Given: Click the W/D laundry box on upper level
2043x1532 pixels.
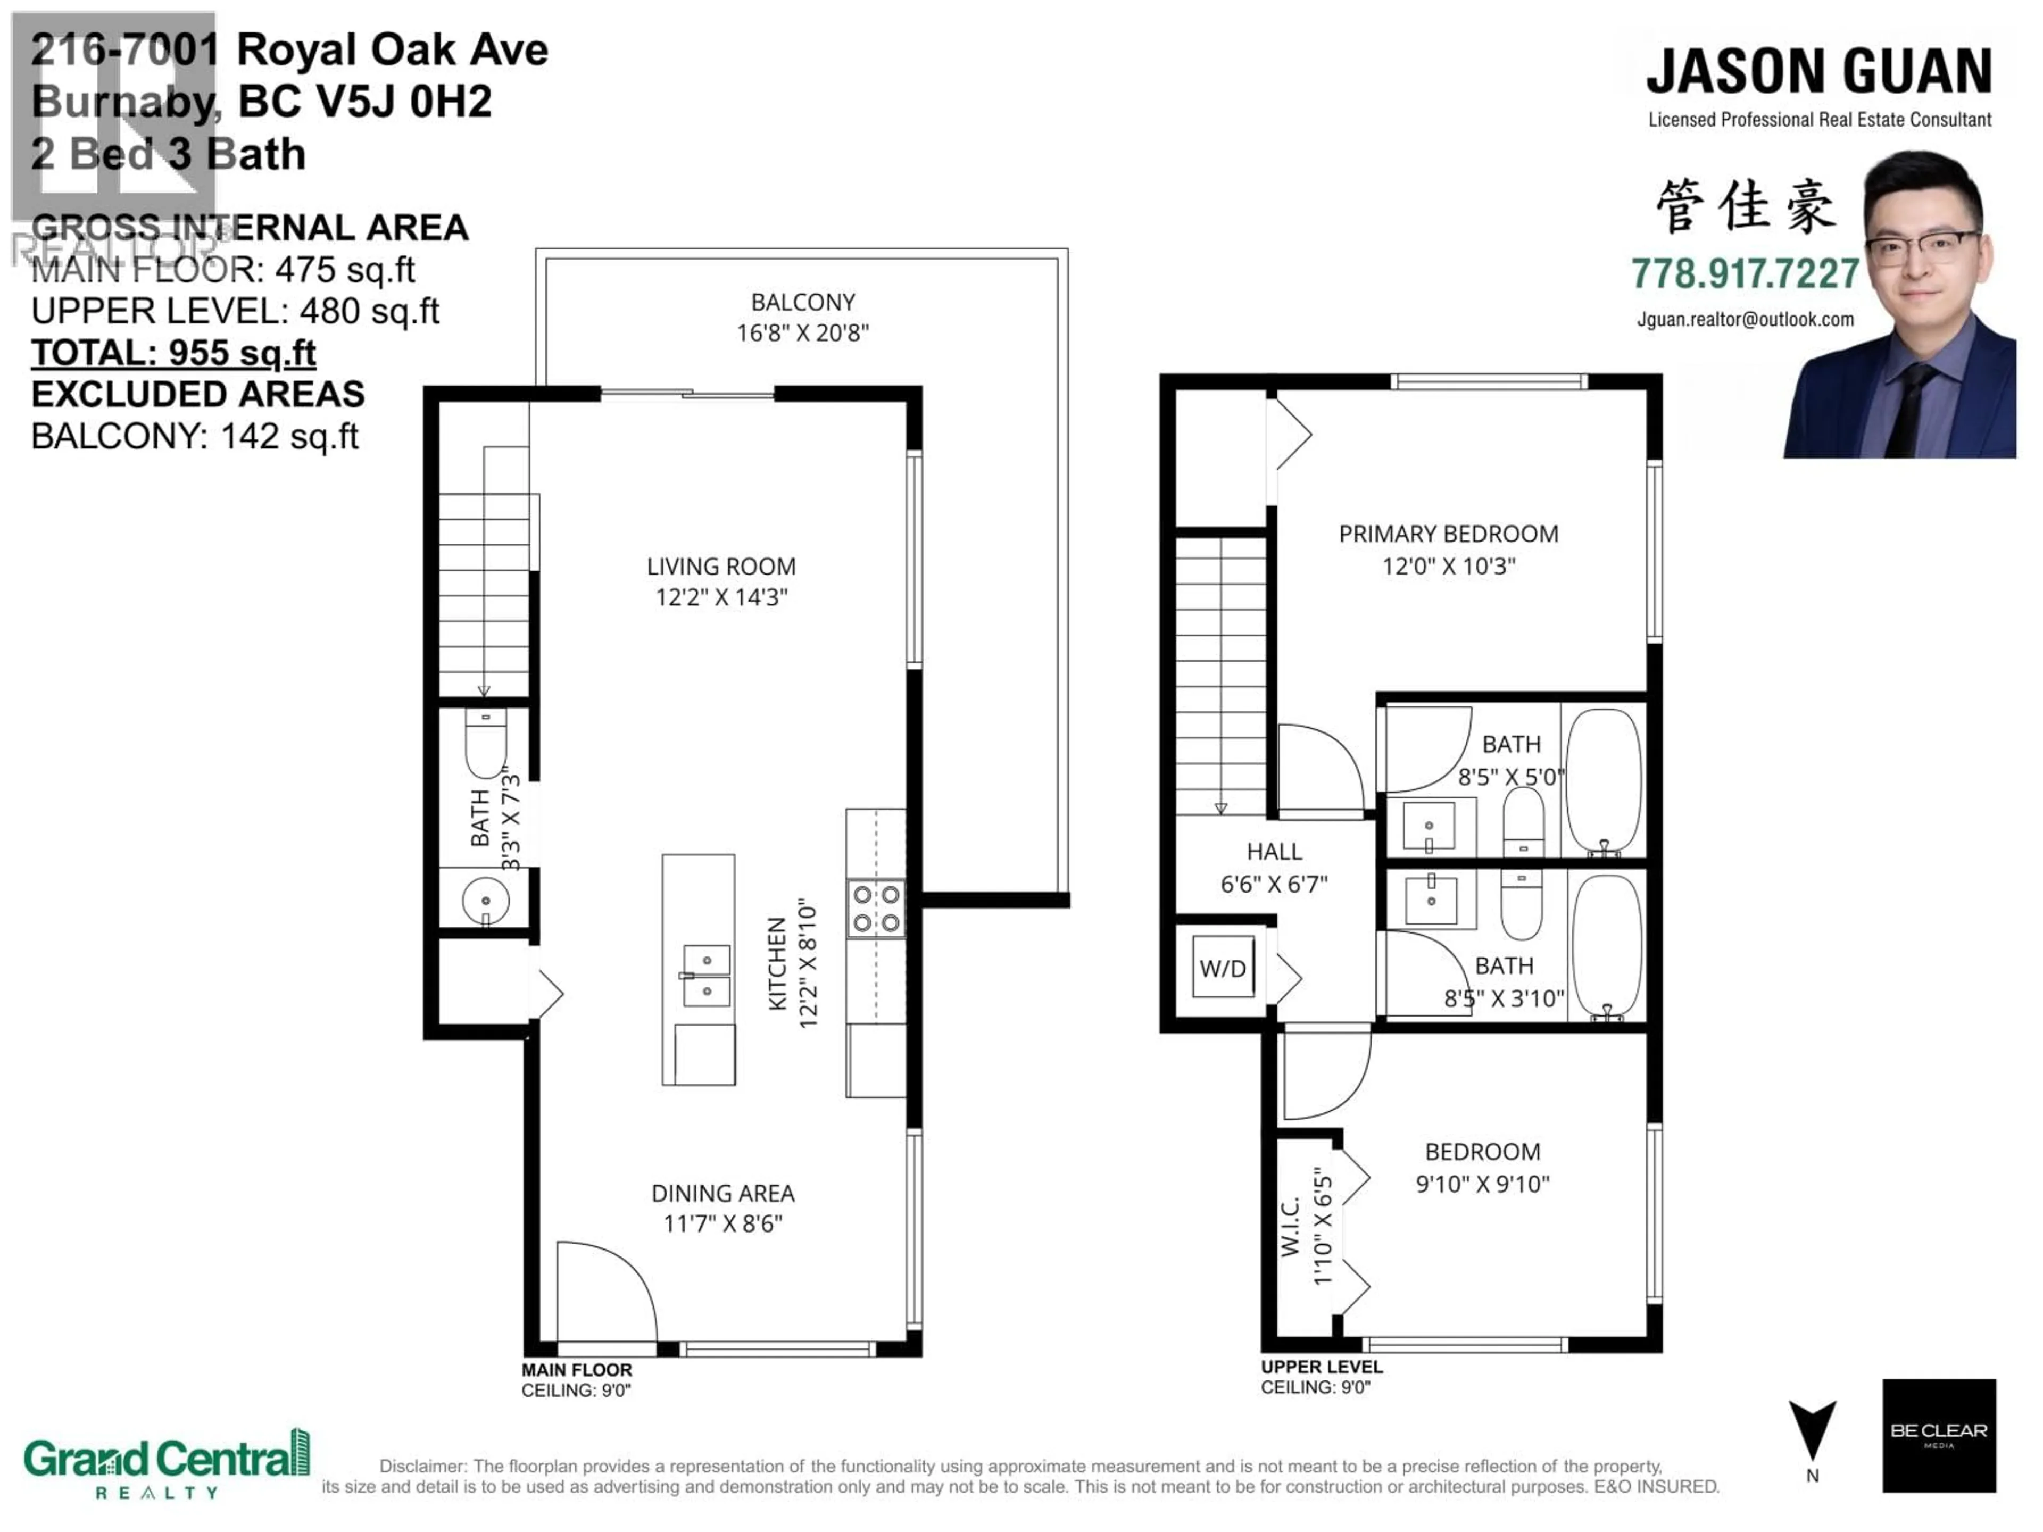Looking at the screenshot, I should [1223, 968].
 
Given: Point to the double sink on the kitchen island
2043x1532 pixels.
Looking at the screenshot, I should [707, 975].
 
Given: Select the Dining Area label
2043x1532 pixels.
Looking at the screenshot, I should [722, 1193].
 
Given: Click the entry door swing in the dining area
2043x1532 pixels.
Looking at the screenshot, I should [605, 1293].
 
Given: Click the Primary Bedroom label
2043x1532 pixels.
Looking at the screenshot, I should [1448, 534].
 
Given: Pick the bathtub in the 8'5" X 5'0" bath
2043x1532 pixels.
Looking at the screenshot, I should [1604, 780].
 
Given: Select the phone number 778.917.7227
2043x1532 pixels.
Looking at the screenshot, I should [1745, 273].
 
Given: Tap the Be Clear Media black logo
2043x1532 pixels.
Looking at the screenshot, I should [1939, 1435].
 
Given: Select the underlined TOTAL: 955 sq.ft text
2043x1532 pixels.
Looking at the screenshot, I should [173, 353].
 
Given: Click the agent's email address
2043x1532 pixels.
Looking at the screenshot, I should [1745, 320].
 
